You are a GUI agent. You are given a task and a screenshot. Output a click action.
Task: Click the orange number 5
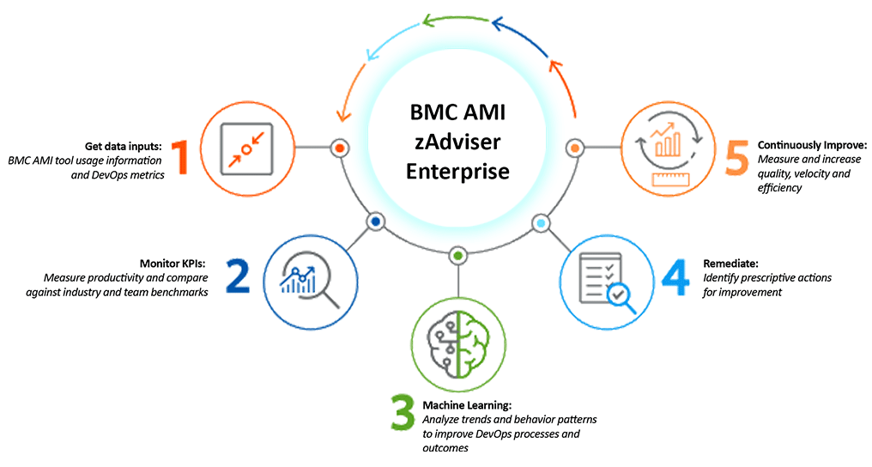(x=736, y=157)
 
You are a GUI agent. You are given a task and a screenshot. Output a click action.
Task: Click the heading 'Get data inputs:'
(x=124, y=145)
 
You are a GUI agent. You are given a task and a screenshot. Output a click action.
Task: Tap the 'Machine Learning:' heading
(x=467, y=404)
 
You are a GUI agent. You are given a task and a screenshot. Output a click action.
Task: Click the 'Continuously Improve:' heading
(x=812, y=145)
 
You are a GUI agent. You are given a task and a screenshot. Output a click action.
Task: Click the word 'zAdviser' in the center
(x=458, y=142)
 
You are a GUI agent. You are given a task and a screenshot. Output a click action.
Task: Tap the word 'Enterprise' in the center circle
(x=458, y=171)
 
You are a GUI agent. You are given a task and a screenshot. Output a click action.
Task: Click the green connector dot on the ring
(x=458, y=256)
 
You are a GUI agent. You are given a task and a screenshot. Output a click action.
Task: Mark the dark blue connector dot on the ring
(x=375, y=222)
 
